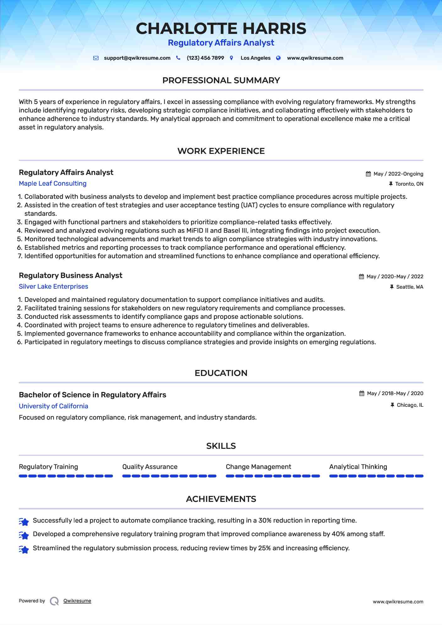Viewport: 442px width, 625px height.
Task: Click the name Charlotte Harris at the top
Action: pyautogui.click(x=221, y=29)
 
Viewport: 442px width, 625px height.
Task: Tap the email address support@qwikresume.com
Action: pyautogui.click(x=137, y=58)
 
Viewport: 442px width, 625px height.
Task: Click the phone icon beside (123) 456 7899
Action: pyautogui.click(x=178, y=58)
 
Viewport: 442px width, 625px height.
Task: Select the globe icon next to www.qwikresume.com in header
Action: pyautogui.click(x=278, y=58)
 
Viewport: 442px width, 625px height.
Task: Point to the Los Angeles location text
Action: pyautogui.click(x=255, y=58)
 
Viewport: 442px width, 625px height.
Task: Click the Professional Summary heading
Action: pyautogui.click(x=221, y=80)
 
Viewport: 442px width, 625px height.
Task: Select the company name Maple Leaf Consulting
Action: pyautogui.click(x=52, y=183)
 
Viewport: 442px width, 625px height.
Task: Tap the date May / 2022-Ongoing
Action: pyautogui.click(x=398, y=174)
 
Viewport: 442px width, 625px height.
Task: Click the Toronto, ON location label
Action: pyautogui.click(x=409, y=184)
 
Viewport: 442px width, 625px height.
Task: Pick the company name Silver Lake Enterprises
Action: pyautogui.click(x=53, y=286)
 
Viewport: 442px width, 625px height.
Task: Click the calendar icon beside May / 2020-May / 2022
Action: pyautogui.click(x=361, y=277)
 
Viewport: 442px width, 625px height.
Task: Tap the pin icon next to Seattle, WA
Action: pyautogui.click(x=391, y=287)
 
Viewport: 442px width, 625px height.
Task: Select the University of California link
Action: pyautogui.click(x=53, y=406)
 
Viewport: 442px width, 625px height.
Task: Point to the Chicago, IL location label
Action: pyautogui.click(x=410, y=405)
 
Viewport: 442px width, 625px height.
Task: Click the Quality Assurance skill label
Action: pyautogui.click(x=150, y=467)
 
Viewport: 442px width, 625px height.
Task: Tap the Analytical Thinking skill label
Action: pyautogui.click(x=358, y=467)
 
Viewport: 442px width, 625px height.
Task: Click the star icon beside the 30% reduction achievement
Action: pyautogui.click(x=24, y=521)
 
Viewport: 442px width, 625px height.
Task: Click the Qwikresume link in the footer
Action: pyautogui.click(x=77, y=601)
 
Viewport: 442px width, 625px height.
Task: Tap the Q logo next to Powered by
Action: pyautogui.click(x=54, y=601)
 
